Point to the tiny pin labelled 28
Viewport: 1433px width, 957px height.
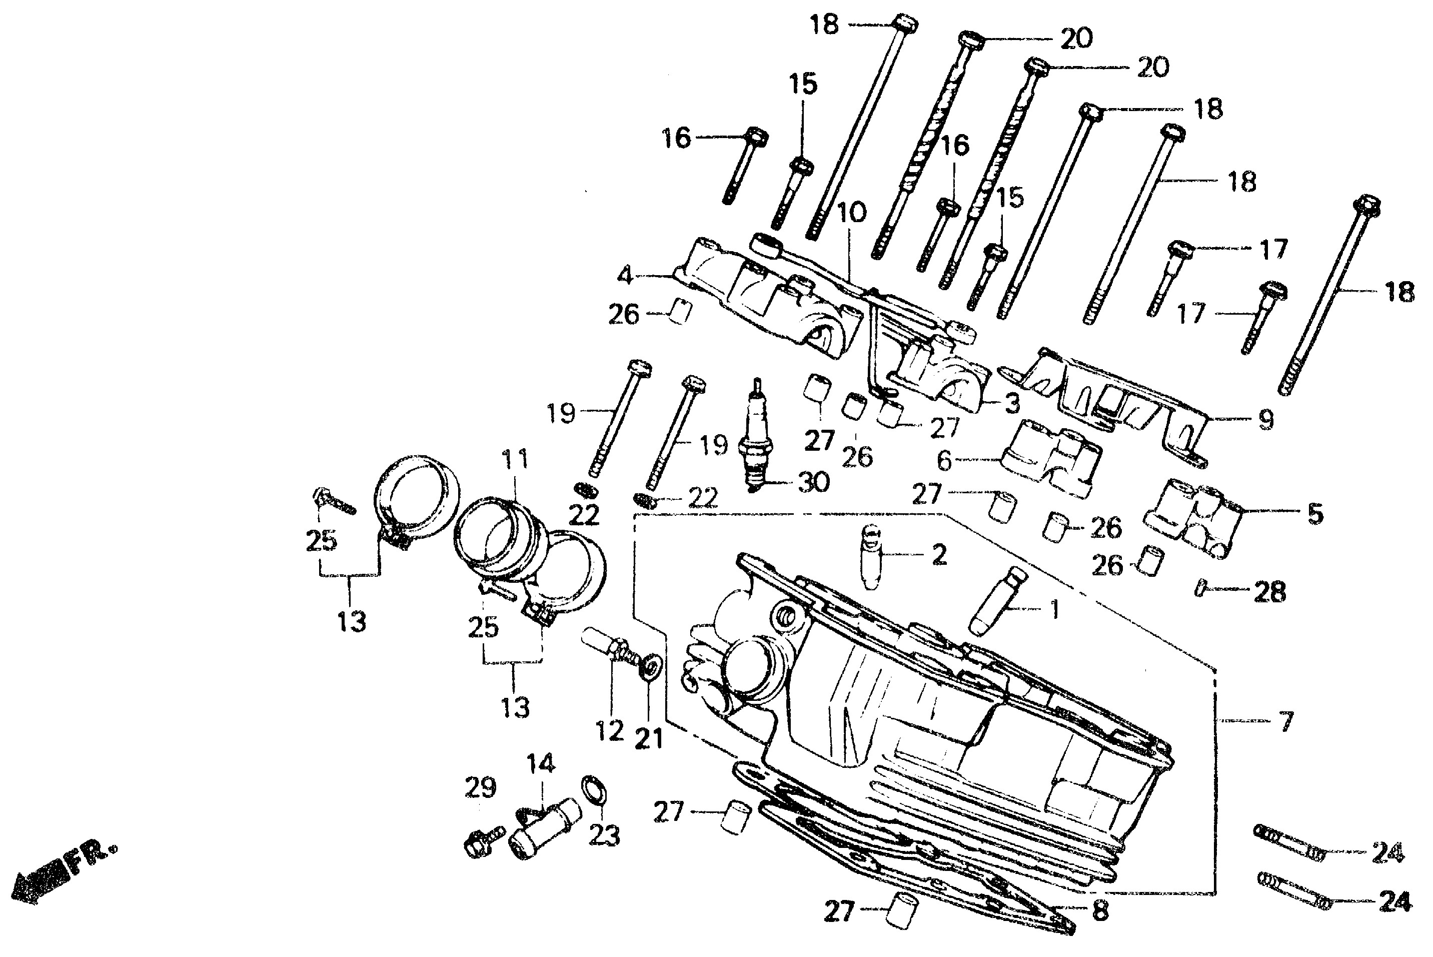click(x=1199, y=588)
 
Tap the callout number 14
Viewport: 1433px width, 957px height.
click(x=541, y=763)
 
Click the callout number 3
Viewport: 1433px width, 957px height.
click(x=1011, y=403)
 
